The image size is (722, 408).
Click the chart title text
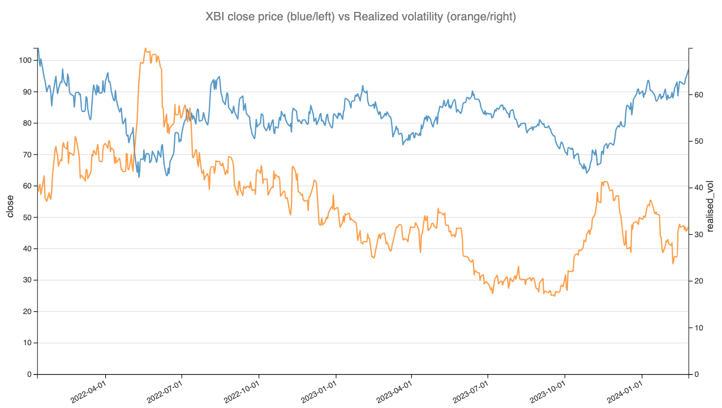[x=361, y=17]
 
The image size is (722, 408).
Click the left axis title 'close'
[x=10, y=207]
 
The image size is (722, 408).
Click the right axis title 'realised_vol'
[x=711, y=207]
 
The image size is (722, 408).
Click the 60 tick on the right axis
[x=699, y=95]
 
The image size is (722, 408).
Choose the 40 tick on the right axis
[x=699, y=188]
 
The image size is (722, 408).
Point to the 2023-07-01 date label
[x=473, y=391]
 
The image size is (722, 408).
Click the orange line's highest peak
[x=145, y=49]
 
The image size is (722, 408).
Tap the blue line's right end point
[x=689, y=69]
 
